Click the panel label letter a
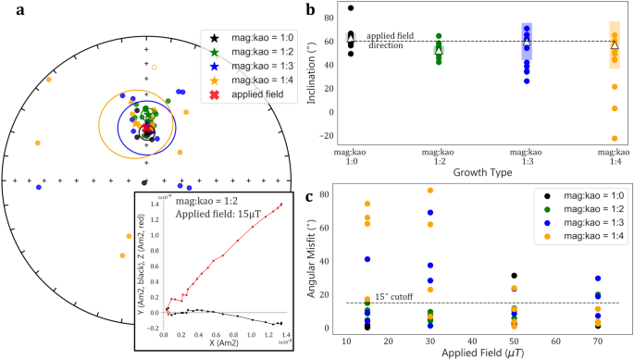(11, 12)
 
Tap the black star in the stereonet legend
(214, 38)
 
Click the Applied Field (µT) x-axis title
(479, 353)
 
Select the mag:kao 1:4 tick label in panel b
(614, 153)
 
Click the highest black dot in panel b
(351, 8)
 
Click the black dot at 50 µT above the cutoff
(514, 276)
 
